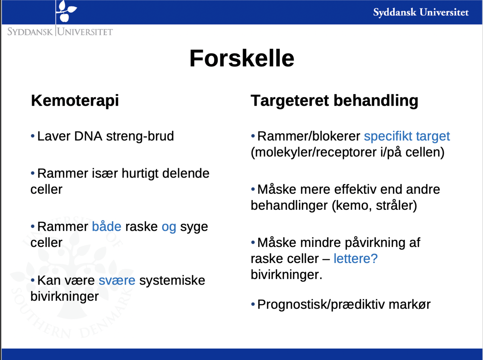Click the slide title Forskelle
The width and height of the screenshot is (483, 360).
coord(242,58)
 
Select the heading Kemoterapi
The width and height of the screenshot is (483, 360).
coord(75,101)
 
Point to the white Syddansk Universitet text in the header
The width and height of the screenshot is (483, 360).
coord(421,12)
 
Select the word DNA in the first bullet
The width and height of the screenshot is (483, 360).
coord(88,136)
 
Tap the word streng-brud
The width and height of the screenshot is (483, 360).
coord(140,137)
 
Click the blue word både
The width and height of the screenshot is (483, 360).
coord(106,227)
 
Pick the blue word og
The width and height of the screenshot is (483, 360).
coord(169,228)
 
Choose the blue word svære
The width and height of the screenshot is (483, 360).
coord(117,281)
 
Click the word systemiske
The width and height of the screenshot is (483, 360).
coord(172,281)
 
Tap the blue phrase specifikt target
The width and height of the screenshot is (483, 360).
coord(407,137)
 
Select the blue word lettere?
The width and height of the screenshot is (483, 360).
coord(356,259)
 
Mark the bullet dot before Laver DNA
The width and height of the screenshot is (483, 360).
coord(33,136)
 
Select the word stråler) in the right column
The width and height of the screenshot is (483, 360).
coord(396,206)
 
